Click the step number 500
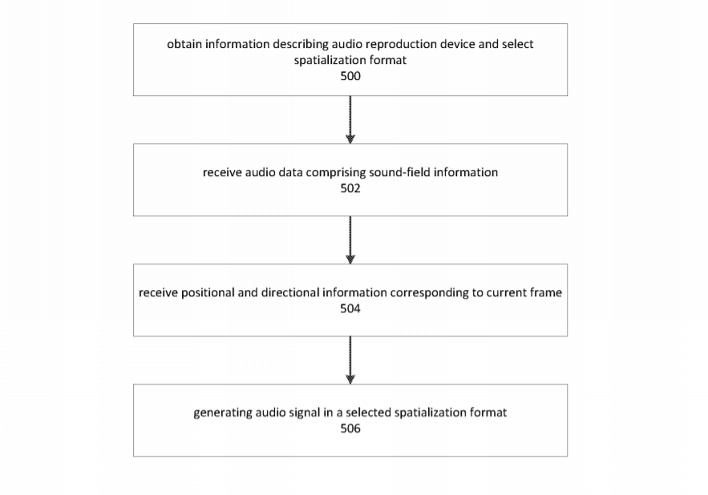click(350, 76)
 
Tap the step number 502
click(350, 188)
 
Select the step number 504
click(350, 308)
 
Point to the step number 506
click(350, 429)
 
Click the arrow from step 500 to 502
click(350, 119)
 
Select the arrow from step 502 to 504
click(350, 240)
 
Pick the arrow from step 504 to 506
click(350, 360)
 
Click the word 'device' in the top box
click(457, 44)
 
